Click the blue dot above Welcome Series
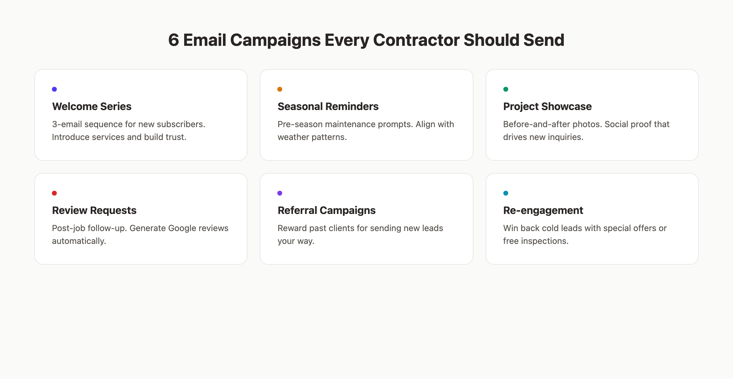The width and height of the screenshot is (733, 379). point(54,89)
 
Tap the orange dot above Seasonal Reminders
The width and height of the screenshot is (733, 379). point(280,89)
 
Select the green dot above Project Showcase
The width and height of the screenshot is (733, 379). point(506,89)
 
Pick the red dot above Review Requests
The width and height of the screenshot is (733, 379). point(54,193)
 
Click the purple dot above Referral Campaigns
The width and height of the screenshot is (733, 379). point(280,193)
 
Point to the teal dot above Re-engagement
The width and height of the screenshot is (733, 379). point(506,193)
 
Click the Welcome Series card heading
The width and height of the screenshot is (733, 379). point(92,106)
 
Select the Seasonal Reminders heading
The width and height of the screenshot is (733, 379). point(328,106)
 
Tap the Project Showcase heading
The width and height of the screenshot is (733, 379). point(547,106)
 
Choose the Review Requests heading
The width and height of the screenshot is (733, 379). point(94,210)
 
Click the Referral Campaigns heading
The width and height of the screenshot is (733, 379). point(326,210)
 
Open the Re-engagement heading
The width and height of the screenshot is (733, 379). point(543,210)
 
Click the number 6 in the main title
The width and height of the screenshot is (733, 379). point(173,40)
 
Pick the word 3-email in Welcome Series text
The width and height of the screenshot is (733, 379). point(67,124)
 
